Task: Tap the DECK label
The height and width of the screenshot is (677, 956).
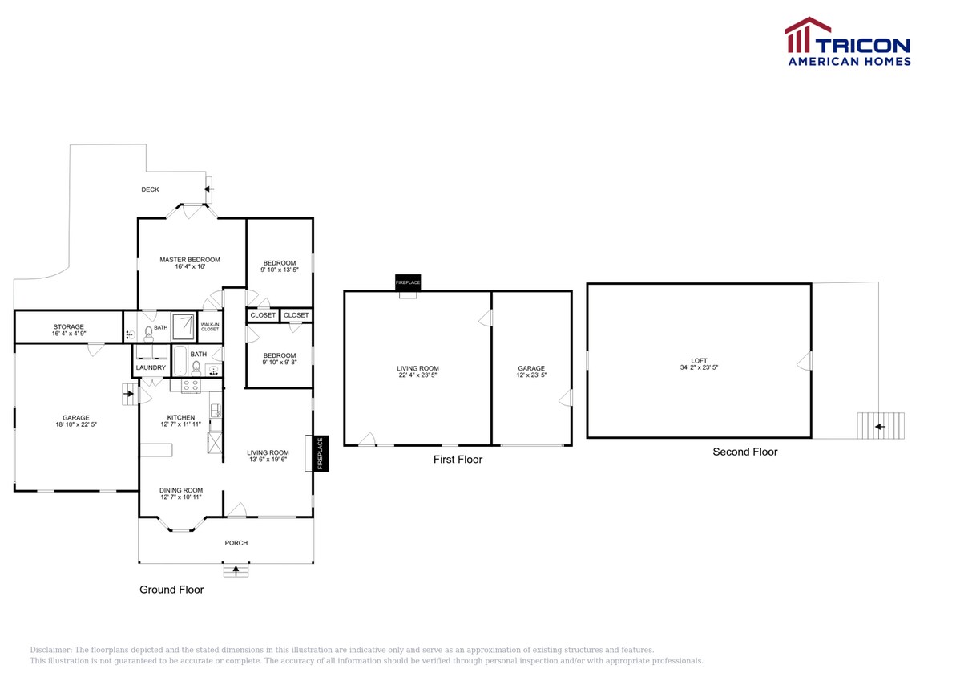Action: click(x=150, y=190)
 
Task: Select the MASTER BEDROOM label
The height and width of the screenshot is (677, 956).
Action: click(x=190, y=260)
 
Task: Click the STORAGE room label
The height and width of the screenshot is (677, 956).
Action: click(x=69, y=327)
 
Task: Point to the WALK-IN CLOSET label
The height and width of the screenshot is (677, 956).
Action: click(x=210, y=326)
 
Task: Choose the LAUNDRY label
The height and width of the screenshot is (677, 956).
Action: click(x=151, y=368)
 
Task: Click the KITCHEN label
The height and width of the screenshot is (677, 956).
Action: click(x=180, y=417)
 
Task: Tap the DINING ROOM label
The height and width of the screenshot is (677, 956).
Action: click(x=181, y=490)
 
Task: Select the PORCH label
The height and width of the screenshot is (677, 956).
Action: click(x=236, y=543)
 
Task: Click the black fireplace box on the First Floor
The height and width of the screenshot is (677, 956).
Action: click(x=408, y=282)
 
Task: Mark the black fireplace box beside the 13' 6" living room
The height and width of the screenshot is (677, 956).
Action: click(x=320, y=453)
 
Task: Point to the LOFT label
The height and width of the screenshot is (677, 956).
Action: click(x=699, y=361)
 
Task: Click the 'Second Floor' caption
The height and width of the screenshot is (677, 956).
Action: click(x=744, y=452)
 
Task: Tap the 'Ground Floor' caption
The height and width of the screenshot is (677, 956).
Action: click(x=171, y=590)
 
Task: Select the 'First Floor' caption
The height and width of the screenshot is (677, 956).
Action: click(x=458, y=460)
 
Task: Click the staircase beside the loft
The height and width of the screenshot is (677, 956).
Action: click(x=881, y=426)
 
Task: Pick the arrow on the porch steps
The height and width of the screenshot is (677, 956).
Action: click(x=236, y=570)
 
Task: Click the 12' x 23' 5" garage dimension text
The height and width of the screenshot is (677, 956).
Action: click(x=531, y=375)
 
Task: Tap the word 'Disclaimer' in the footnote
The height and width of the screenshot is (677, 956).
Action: click(x=50, y=650)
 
